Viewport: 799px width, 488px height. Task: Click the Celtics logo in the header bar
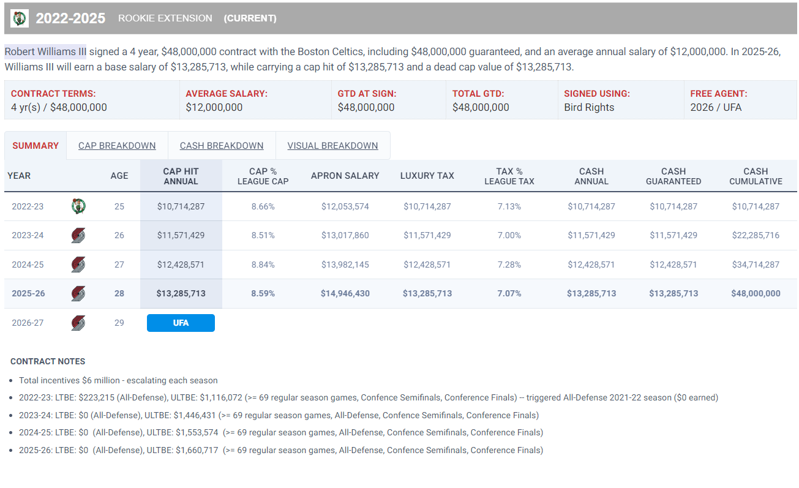pyautogui.click(x=20, y=18)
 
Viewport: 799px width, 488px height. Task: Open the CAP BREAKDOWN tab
pyautogui.click(x=117, y=146)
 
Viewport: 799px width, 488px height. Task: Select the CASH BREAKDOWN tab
pyautogui.click(x=222, y=146)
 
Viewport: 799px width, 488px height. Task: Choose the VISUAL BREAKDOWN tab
pyautogui.click(x=332, y=146)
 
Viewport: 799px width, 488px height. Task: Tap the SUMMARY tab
pyautogui.click(x=36, y=146)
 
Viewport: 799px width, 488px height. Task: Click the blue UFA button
pyautogui.click(x=181, y=323)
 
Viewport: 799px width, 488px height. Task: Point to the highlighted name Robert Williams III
pyautogui.click(x=45, y=51)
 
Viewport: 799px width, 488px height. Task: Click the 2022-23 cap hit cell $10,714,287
pyautogui.click(x=181, y=206)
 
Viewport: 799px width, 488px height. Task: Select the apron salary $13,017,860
pyautogui.click(x=345, y=235)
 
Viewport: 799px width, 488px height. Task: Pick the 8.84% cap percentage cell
pyautogui.click(x=263, y=265)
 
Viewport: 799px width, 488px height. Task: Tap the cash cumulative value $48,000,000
pyautogui.click(x=756, y=293)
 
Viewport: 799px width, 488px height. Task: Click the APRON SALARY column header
pyautogui.click(x=345, y=176)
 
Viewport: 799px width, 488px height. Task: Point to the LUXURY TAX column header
pyautogui.click(x=427, y=176)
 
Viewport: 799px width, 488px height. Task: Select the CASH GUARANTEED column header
pyautogui.click(x=673, y=176)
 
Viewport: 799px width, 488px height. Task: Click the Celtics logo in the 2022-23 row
pyautogui.click(x=78, y=206)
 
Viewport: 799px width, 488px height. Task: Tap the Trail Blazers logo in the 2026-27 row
pyautogui.click(x=78, y=323)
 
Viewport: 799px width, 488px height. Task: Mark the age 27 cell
pyautogui.click(x=119, y=265)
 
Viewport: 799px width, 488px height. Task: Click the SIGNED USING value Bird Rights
pyautogui.click(x=589, y=107)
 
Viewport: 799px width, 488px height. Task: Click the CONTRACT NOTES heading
pyautogui.click(x=48, y=361)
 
